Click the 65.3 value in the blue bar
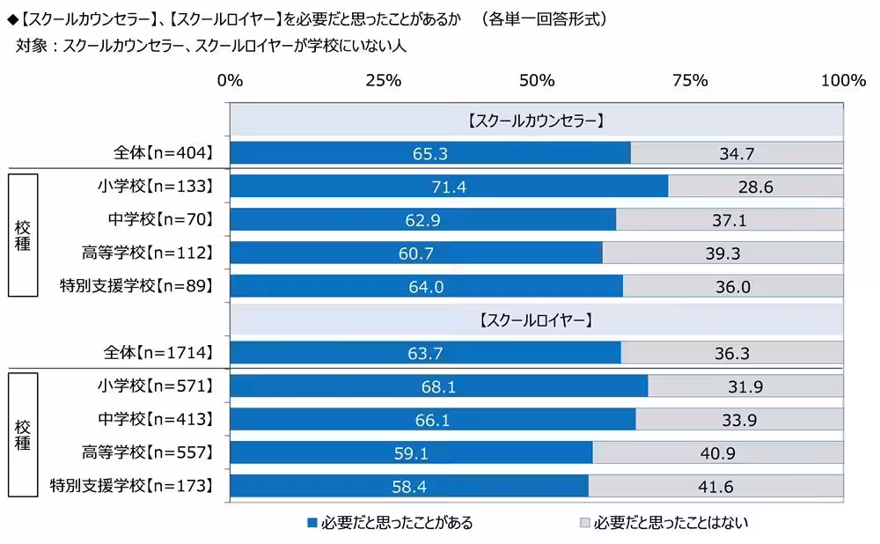(430, 153)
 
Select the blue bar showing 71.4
(449, 187)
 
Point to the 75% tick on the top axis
(690, 81)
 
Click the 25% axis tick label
(383, 81)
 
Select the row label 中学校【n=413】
(157, 420)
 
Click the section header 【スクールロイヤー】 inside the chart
(536, 320)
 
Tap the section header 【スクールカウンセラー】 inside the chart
(536, 121)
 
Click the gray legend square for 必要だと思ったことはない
(583, 523)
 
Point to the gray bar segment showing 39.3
(722, 254)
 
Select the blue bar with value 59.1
(411, 453)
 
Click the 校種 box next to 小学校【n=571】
(23, 436)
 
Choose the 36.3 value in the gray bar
(732, 353)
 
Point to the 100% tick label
(843, 81)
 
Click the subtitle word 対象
(33, 45)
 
